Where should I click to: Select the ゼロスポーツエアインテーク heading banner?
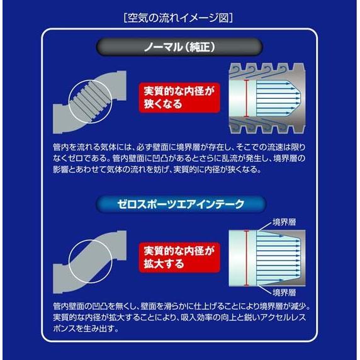click(179, 203)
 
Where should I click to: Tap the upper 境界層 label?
click(286, 221)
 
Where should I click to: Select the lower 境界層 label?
click(286, 293)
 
